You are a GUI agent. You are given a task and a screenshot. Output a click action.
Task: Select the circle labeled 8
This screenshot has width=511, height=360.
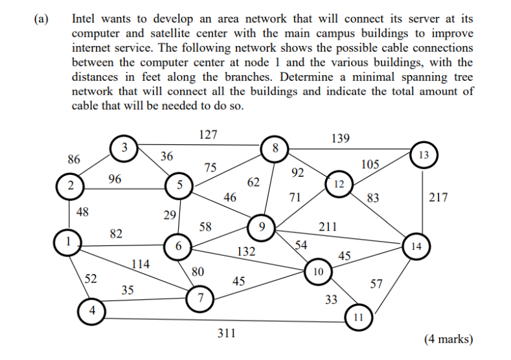pyautogui.click(x=275, y=149)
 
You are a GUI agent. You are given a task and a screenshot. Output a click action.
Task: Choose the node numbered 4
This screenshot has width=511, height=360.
pyautogui.click(x=91, y=311)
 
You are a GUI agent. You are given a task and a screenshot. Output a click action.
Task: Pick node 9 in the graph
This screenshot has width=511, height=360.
pyautogui.click(x=262, y=227)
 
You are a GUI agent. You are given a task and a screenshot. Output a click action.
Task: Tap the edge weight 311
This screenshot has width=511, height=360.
pyautogui.click(x=226, y=334)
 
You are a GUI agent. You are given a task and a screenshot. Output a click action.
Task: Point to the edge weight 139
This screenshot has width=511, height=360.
pyautogui.click(x=340, y=138)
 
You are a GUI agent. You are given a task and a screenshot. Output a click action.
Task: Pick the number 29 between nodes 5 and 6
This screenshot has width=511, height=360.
pyautogui.click(x=170, y=215)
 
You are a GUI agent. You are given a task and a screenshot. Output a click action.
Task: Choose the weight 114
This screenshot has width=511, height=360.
pyautogui.click(x=141, y=264)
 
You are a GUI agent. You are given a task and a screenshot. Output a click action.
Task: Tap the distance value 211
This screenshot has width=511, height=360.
pyautogui.click(x=328, y=227)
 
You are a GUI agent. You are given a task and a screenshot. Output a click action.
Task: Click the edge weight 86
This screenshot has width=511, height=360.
pyautogui.click(x=74, y=159)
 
